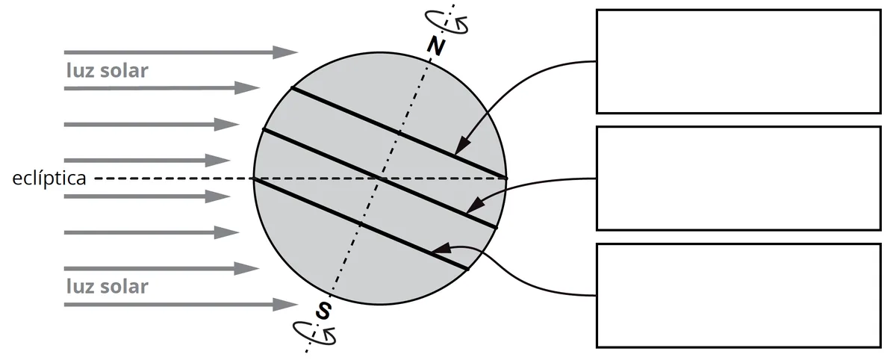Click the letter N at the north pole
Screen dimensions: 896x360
(x=435, y=46)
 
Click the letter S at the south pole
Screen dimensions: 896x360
(x=323, y=311)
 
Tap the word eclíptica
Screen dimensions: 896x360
(x=49, y=179)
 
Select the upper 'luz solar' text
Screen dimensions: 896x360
(x=108, y=70)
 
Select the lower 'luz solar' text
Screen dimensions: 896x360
(x=108, y=286)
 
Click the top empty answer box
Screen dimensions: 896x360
(x=738, y=61)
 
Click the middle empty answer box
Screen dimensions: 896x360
(x=738, y=179)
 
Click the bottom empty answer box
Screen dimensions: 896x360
(x=738, y=295)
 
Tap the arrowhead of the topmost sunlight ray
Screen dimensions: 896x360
(x=285, y=52)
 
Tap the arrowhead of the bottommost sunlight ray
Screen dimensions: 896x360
(x=285, y=305)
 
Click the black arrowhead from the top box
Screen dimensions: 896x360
(x=462, y=146)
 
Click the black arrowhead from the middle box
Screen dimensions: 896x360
(x=475, y=205)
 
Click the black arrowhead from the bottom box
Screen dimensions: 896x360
(x=441, y=249)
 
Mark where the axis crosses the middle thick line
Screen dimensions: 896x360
(x=379, y=179)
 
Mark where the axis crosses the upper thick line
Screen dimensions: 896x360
(x=399, y=132)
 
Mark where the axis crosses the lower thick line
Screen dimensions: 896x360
(x=361, y=224)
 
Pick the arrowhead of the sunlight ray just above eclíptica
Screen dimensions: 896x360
(x=217, y=161)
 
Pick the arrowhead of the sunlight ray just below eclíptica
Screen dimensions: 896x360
(x=217, y=196)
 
